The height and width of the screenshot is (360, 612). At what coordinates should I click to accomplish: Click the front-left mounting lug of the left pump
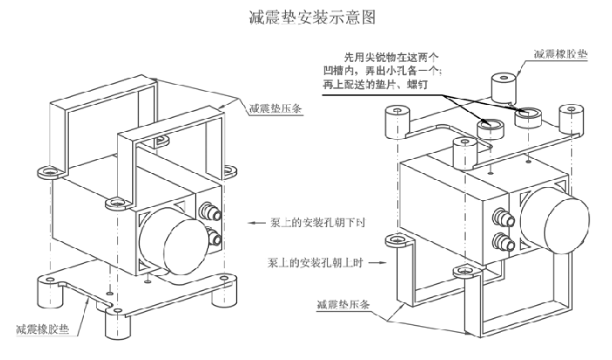(113, 204)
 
